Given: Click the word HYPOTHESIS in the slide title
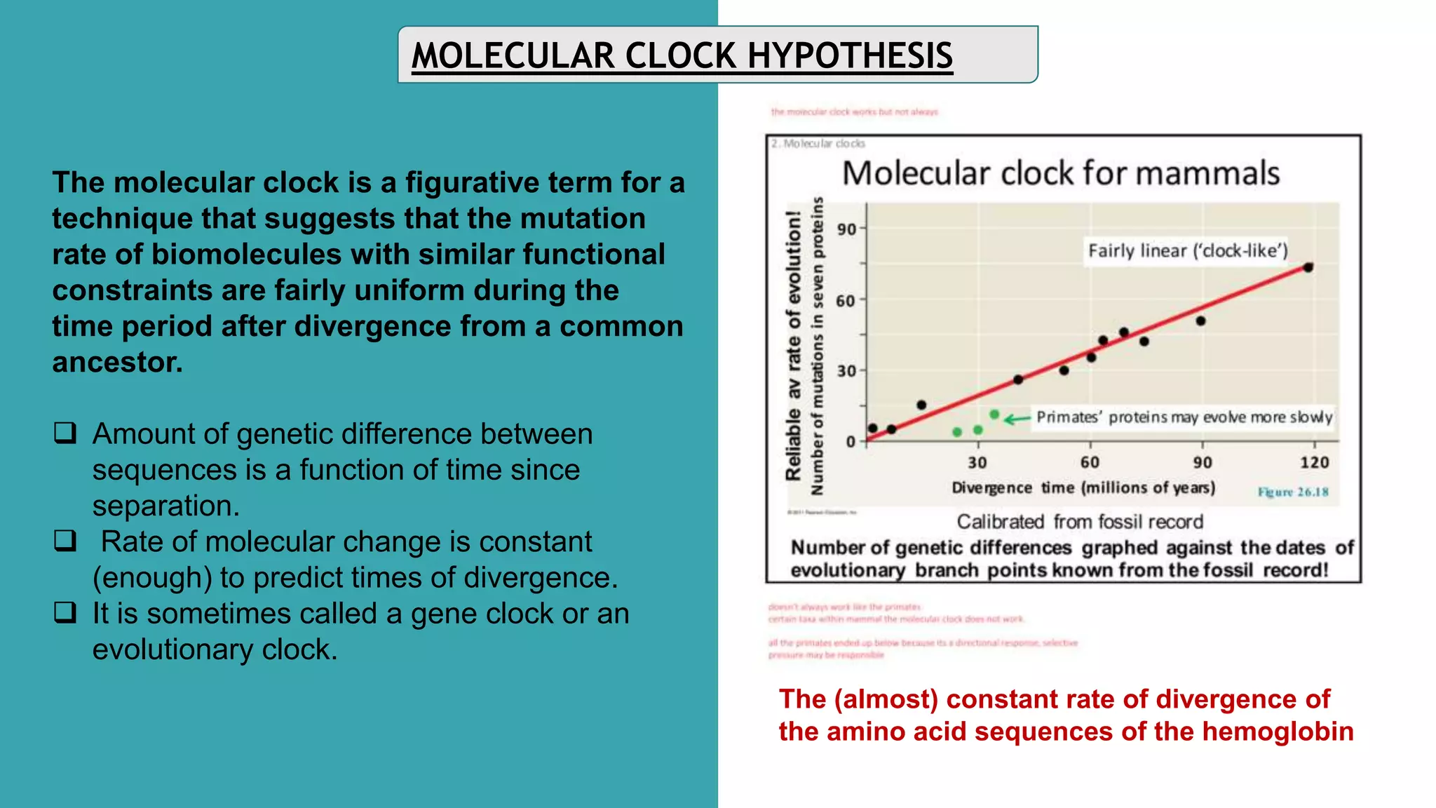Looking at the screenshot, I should (x=850, y=56).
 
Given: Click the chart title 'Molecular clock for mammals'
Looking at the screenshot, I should (x=1060, y=173).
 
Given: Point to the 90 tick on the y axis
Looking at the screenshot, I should (x=847, y=229).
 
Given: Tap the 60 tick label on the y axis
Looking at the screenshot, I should (x=846, y=301).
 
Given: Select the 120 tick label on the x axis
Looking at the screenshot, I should (x=1314, y=463).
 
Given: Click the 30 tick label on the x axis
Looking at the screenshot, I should (x=977, y=463).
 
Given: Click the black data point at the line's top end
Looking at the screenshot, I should (x=1308, y=267).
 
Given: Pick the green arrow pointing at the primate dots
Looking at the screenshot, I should (x=1017, y=419).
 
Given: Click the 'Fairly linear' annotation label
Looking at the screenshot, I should (x=1188, y=251).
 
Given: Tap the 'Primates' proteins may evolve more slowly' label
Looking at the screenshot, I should (x=1184, y=417).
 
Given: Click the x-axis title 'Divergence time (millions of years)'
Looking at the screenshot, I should (x=1083, y=487).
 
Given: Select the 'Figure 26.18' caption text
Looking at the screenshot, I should (x=1293, y=492).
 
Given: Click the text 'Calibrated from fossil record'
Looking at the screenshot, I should (x=1080, y=522).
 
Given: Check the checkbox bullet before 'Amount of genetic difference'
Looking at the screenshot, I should (x=65, y=433).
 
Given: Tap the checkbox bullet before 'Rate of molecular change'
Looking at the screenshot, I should (x=65, y=541).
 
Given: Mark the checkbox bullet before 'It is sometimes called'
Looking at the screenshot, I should (x=65, y=613).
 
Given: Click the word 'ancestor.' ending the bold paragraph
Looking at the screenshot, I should (x=117, y=363).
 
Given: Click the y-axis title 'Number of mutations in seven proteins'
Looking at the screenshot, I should (x=817, y=345).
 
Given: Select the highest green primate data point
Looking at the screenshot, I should (x=994, y=415).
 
